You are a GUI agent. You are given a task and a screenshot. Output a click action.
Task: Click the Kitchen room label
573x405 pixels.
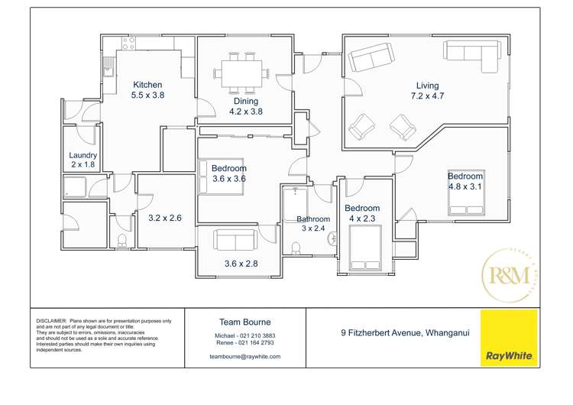pos(147,85)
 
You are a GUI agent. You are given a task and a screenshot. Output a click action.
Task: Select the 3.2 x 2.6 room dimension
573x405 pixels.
pos(164,218)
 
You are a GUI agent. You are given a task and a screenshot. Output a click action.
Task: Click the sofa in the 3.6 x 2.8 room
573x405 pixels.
pos(236,240)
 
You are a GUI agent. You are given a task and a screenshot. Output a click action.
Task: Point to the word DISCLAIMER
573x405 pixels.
pos(50,320)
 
